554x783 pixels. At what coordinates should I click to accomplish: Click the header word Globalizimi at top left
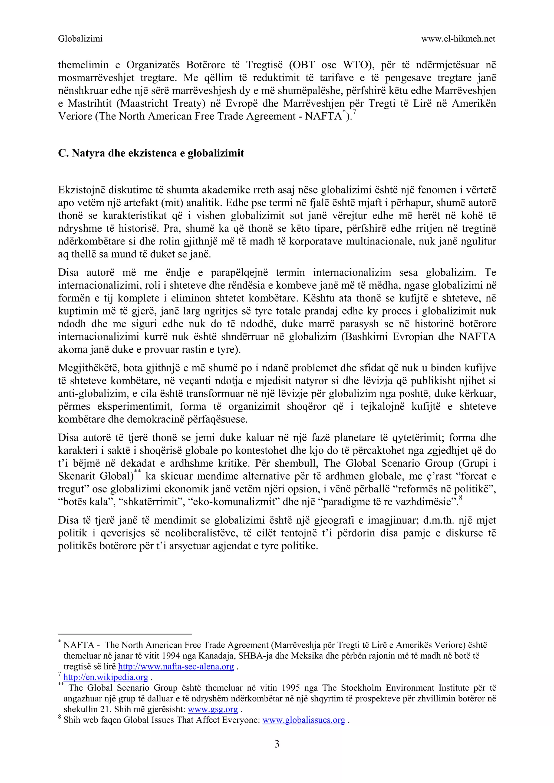[x=80, y=39]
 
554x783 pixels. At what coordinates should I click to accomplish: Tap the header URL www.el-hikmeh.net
[x=458, y=39]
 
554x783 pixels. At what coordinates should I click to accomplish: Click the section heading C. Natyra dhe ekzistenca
[x=151, y=153]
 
